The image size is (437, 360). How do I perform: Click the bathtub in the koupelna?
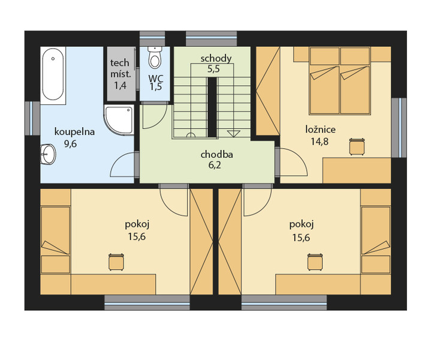(x=53, y=75)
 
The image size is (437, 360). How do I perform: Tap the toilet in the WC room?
(x=155, y=58)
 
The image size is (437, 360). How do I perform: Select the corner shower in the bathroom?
(x=119, y=120)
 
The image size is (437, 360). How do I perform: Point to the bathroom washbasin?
(x=48, y=154)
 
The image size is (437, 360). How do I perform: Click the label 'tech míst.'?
(x=120, y=68)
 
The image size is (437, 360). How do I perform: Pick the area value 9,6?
(x=70, y=144)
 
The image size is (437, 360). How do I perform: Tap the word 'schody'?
(x=216, y=59)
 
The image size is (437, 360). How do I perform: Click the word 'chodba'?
(x=216, y=154)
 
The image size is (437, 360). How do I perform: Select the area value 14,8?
(x=320, y=142)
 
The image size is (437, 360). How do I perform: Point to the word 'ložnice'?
(x=320, y=130)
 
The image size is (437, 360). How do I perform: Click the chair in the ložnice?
(x=357, y=146)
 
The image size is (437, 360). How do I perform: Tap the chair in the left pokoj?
(x=116, y=262)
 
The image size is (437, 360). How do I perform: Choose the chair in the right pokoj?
(x=315, y=262)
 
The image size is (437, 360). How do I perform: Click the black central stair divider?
(x=212, y=107)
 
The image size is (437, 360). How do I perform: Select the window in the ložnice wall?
(x=399, y=127)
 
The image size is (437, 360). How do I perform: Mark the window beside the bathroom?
(x=32, y=118)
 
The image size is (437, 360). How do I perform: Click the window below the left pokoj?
(x=147, y=302)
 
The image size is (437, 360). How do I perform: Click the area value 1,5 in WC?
(x=156, y=87)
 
